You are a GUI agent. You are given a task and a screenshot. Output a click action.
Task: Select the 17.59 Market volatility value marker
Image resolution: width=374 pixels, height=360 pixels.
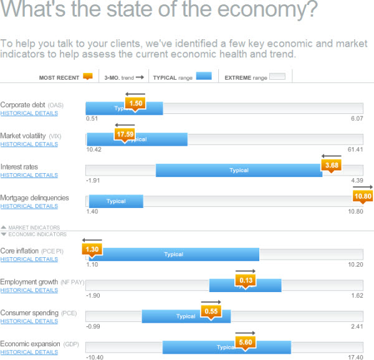click(124, 133)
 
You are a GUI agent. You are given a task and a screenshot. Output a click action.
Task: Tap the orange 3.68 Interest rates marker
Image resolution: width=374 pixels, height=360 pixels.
click(331, 165)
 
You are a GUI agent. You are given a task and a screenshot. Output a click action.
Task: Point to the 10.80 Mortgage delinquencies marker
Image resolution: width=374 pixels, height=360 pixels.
click(362, 196)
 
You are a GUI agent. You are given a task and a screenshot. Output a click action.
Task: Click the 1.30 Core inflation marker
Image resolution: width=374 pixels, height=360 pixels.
click(92, 249)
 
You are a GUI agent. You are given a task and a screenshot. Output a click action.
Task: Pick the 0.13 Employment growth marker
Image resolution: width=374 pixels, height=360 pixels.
click(246, 280)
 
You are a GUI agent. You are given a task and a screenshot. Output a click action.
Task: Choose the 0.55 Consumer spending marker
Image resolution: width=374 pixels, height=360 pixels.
click(211, 311)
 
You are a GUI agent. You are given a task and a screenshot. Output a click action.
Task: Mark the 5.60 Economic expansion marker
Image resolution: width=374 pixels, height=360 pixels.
click(245, 342)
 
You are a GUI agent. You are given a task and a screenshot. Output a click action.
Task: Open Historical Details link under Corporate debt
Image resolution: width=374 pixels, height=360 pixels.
click(29, 113)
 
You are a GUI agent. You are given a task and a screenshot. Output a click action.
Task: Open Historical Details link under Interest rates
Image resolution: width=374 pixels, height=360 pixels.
click(29, 175)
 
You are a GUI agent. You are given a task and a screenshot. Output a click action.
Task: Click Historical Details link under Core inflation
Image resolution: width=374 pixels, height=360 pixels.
click(29, 259)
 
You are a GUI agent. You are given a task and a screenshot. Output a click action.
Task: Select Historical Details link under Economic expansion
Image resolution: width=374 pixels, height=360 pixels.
click(29, 352)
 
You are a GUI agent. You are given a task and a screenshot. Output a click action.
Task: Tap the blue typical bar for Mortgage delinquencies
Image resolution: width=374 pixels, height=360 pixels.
click(116, 201)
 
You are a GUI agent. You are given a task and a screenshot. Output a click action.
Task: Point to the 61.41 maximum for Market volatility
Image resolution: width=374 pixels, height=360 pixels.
click(355, 149)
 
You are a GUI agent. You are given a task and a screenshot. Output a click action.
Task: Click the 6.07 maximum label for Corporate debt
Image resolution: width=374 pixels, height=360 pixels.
click(357, 118)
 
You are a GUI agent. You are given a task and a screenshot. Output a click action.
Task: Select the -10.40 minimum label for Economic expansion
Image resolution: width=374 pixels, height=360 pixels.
click(94, 358)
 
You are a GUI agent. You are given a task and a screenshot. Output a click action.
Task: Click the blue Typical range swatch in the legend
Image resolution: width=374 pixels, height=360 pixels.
click(204, 77)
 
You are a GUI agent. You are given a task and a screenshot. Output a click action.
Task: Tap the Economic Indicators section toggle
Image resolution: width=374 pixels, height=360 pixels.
click(34, 234)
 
